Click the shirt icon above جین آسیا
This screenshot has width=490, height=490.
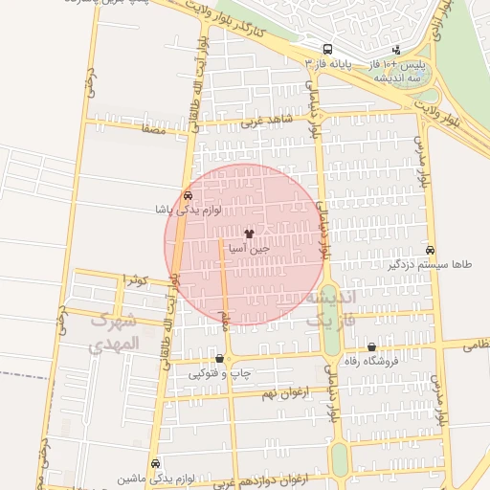pyautogui.click(x=250, y=233)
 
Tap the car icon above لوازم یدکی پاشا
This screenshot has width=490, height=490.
pyautogui.click(x=187, y=195)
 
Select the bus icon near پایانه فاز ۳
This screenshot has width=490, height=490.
pyautogui.click(x=328, y=49)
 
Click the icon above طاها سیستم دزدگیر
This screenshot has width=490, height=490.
pyautogui.click(x=430, y=249)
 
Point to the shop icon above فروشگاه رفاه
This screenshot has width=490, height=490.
pyautogui.click(x=371, y=347)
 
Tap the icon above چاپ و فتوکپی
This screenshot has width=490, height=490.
pyautogui.click(x=220, y=360)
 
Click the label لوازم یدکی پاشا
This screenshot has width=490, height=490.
pyautogui.click(x=187, y=209)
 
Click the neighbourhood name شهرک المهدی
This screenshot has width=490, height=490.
pyautogui.click(x=113, y=335)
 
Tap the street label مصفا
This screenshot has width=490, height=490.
pyautogui.click(x=152, y=126)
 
